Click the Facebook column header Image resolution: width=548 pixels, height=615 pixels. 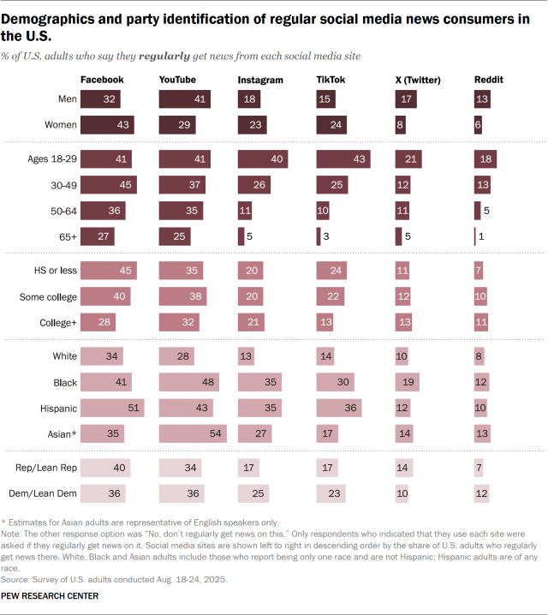[x=102, y=81]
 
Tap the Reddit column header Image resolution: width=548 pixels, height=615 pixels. [x=489, y=81]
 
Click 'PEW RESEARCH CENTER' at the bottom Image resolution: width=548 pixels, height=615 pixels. [x=51, y=596]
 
